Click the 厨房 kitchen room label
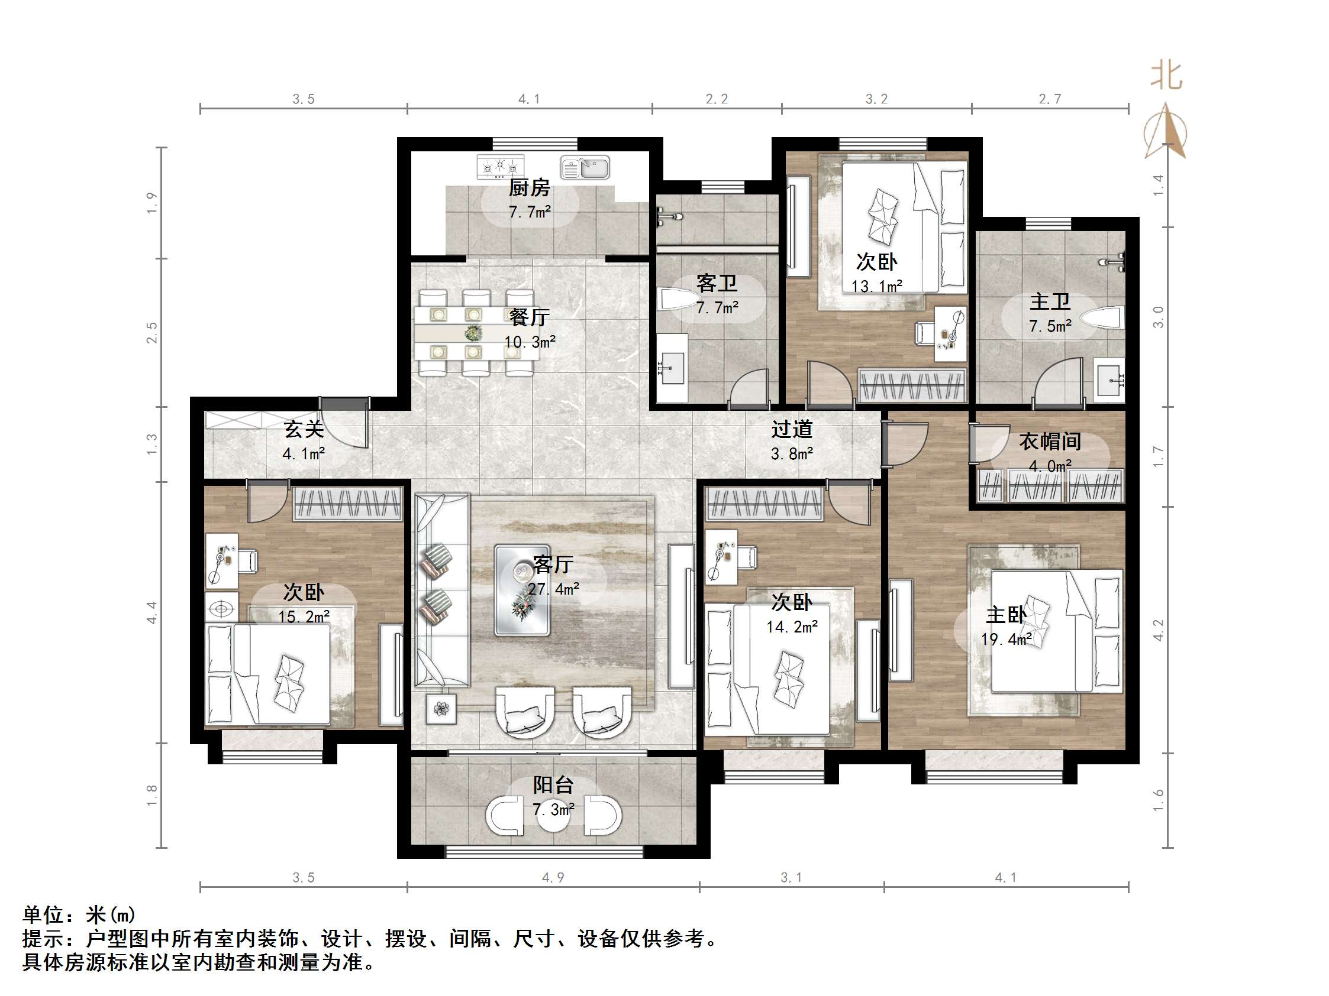pos(529,188)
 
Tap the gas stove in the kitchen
pos(500,166)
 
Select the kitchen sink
pos(585,167)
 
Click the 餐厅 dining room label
pos(529,317)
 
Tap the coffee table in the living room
pos(521,589)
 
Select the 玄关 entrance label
pos(304,429)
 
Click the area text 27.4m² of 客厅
pos(553,589)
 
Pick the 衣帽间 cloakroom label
pos(1050,442)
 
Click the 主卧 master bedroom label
pos(1006,614)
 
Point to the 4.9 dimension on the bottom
pos(553,877)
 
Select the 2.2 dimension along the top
pos(716,99)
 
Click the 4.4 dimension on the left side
pos(151,612)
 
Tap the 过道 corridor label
pos(791,429)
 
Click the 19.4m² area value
pos(1007,640)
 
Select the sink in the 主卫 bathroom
pos(1109,379)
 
